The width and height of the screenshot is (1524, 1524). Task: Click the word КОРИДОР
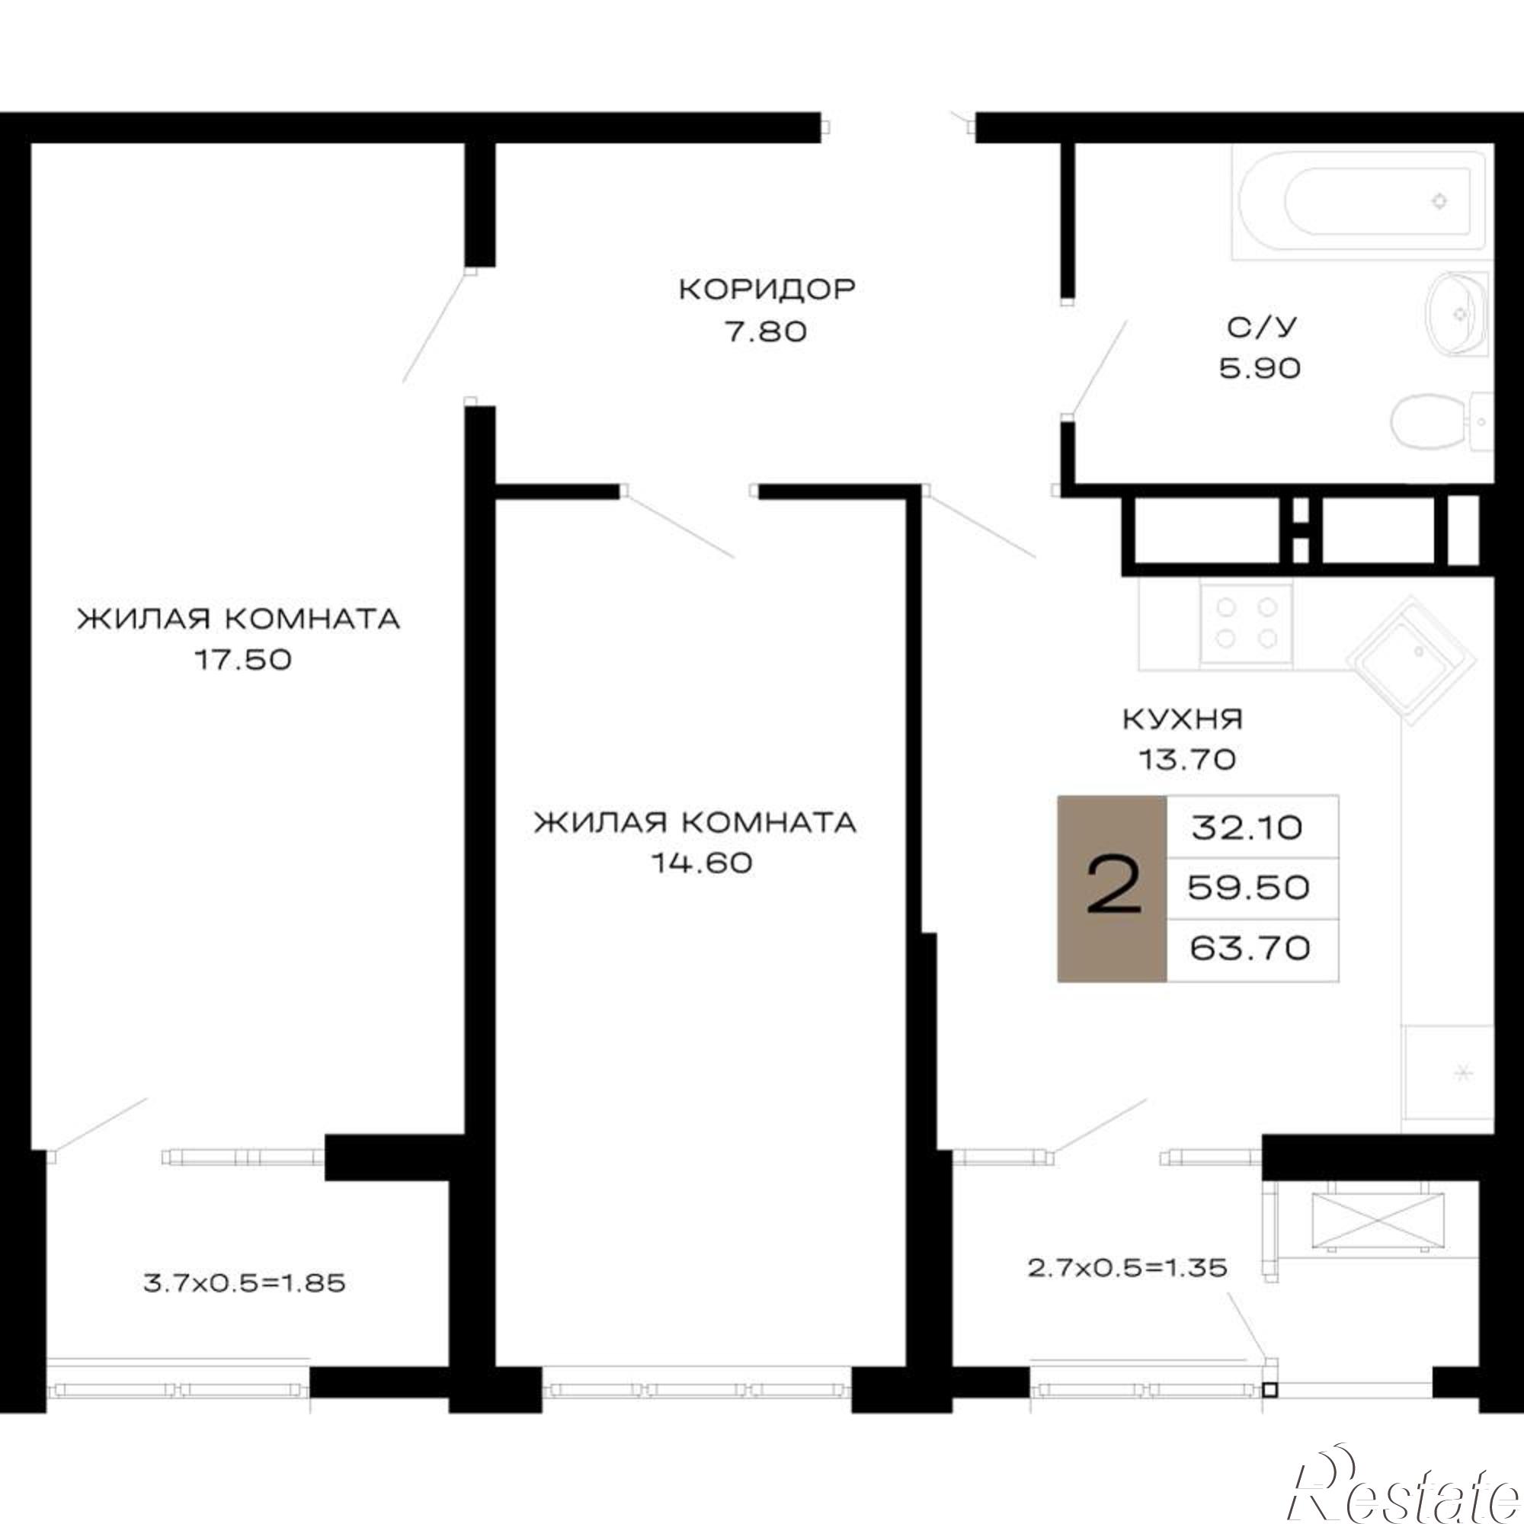767,290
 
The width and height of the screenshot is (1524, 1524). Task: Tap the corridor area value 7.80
766,331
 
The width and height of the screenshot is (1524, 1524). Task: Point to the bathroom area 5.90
1260,368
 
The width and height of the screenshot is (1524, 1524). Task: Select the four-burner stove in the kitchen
1246,623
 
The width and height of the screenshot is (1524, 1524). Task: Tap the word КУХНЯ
1183,719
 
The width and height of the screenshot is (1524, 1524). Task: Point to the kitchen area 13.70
1186,760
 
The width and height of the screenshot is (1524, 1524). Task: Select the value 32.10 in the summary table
1247,828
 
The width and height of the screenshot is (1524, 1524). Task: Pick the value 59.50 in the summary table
1249,888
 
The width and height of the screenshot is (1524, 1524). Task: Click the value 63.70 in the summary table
1250,947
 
